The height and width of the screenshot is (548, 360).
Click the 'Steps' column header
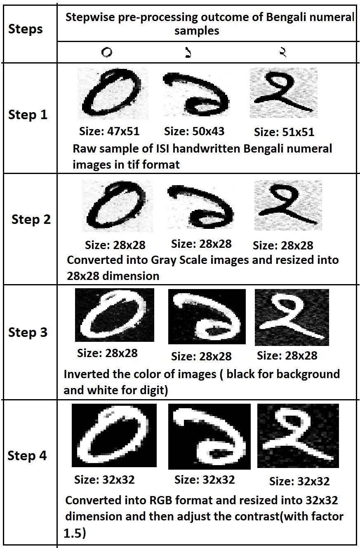tap(26, 29)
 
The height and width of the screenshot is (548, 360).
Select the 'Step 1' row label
tap(28, 115)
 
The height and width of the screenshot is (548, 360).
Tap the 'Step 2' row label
tap(31, 219)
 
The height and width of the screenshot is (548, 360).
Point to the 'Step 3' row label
tap(28, 332)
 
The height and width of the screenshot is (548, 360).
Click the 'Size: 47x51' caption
tap(109, 131)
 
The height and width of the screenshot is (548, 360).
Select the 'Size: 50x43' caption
tap(194, 131)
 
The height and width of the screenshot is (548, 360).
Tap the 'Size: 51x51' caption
tap(284, 132)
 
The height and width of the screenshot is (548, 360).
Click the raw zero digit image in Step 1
tap(113, 94)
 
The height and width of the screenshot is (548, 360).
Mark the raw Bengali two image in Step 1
tap(284, 93)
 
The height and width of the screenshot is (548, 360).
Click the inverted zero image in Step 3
tap(115, 315)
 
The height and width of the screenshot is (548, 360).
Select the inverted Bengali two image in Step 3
tap(292, 318)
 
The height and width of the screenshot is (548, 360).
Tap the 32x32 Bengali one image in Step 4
tap(209, 437)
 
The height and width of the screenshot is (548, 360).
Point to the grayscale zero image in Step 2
tap(118, 206)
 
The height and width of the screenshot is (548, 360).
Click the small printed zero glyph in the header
tap(107, 52)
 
